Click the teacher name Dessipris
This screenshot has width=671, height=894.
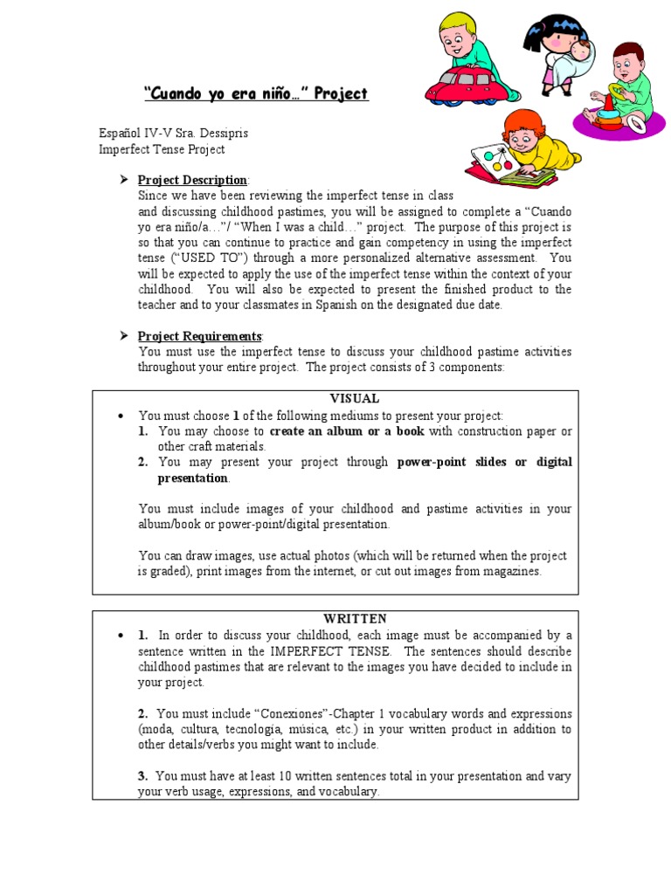222,133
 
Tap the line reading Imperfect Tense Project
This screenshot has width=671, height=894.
162,149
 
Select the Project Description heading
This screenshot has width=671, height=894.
193,180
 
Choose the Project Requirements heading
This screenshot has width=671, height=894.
200,336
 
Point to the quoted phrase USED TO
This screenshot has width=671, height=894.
204,258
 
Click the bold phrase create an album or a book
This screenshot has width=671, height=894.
347,431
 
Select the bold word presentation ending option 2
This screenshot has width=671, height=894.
192,478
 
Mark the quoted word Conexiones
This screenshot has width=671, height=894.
285,713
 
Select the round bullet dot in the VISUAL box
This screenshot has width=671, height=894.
121,416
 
